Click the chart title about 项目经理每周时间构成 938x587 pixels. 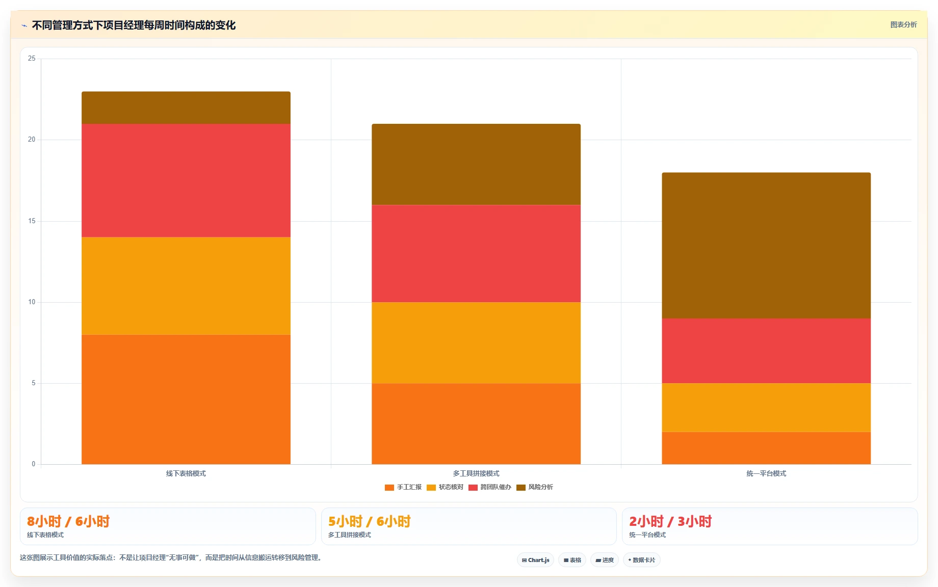tap(134, 25)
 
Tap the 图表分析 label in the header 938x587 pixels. tap(903, 24)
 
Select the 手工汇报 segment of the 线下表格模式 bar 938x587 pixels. tap(186, 399)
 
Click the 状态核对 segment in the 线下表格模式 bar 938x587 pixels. tap(186, 286)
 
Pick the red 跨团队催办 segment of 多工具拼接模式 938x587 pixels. tap(476, 254)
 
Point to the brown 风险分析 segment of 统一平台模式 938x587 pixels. tap(766, 246)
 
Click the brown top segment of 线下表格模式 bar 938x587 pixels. tap(186, 108)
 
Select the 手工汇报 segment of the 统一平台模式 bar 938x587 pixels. tap(766, 448)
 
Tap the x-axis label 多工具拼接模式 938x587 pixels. tap(476, 473)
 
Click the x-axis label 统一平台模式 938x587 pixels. tap(766, 473)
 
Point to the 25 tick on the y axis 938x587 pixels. tap(32, 59)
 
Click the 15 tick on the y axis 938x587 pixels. tap(32, 221)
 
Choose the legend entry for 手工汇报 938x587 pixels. tap(403, 487)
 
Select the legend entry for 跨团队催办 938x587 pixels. tap(490, 487)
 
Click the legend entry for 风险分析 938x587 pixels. tap(535, 487)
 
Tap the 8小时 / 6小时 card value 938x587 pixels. tap(68, 521)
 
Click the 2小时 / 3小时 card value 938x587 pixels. tap(670, 521)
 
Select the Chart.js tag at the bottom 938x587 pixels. tap(535, 560)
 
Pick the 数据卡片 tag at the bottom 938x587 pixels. tap(642, 560)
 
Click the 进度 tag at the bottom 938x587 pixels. tap(605, 560)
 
